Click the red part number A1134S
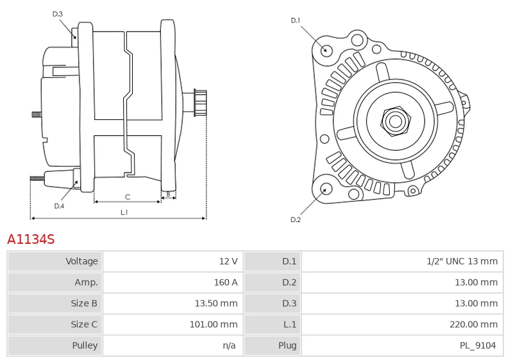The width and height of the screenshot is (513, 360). (x=31, y=239)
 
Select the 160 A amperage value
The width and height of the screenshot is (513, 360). (x=225, y=282)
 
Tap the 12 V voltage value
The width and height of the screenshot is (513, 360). (x=228, y=261)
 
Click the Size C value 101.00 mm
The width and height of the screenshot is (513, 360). (x=214, y=324)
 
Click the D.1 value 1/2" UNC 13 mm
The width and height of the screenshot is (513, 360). (x=462, y=261)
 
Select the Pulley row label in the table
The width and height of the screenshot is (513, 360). (x=85, y=345)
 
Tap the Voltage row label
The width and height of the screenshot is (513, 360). (x=82, y=261)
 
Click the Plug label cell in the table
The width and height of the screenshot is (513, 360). (x=287, y=345)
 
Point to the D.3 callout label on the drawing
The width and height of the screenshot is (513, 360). (x=58, y=13)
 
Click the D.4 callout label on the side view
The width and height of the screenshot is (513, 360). (x=59, y=206)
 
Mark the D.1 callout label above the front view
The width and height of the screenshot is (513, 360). (x=296, y=21)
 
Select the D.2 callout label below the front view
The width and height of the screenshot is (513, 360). (x=296, y=219)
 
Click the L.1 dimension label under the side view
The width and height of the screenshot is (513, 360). (x=124, y=212)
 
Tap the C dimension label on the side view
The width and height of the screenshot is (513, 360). (x=128, y=196)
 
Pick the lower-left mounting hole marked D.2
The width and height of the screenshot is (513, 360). (x=326, y=189)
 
